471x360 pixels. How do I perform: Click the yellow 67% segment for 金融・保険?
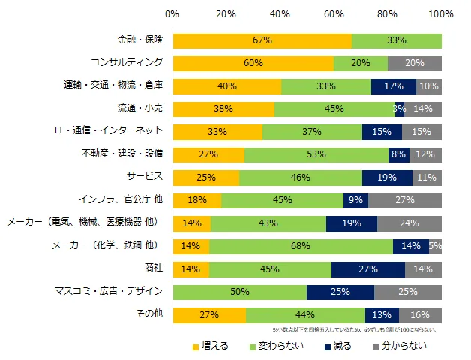coord(262,40)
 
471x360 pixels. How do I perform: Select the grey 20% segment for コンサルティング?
coord(415,63)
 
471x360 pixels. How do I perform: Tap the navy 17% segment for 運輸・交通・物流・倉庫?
coord(394,86)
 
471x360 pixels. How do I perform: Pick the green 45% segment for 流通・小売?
coord(334,109)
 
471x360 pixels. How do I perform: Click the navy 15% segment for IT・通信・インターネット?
coord(382,132)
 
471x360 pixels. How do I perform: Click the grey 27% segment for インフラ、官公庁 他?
coord(405,200)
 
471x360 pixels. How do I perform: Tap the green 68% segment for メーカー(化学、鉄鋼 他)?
coord(301,246)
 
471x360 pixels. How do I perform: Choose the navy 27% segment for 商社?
coord(368,268)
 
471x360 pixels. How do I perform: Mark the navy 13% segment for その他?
coord(382,314)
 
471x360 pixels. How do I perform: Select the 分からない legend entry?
coord(401,346)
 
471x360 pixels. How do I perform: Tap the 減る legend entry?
coord(339,346)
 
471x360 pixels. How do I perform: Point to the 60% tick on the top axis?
coord(334,14)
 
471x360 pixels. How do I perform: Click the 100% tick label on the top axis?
coord(442,14)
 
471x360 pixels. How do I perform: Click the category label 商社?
coord(152,268)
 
